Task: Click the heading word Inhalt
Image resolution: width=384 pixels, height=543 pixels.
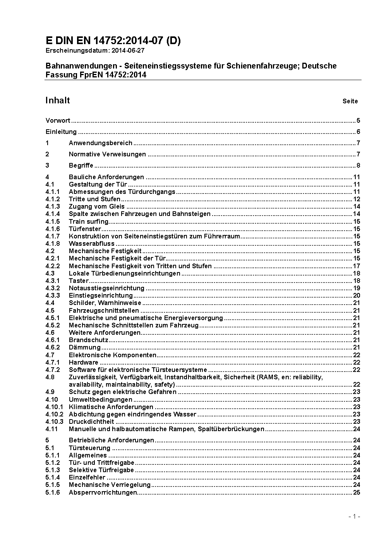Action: pyautogui.click(x=58, y=101)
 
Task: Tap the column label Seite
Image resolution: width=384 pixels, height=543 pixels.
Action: pyautogui.click(x=350, y=101)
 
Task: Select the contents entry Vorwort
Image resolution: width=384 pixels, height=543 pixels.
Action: pyautogui.click(x=58, y=120)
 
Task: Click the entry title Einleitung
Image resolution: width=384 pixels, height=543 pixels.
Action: pyautogui.click(x=61, y=132)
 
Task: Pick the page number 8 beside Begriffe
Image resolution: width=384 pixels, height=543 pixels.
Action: pyautogui.click(x=358, y=166)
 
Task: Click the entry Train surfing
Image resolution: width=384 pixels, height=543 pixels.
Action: pyautogui.click(x=89, y=221)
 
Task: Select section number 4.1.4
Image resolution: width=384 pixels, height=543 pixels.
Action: pyautogui.click(x=53, y=214)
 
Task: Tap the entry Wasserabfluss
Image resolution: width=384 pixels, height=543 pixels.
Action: pyautogui.click(x=92, y=243)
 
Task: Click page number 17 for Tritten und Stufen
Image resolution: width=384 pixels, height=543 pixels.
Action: pyautogui.click(x=357, y=266)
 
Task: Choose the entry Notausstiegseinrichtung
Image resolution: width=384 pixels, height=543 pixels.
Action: pyautogui.click(x=106, y=288)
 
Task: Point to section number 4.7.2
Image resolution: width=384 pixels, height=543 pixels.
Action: pyautogui.click(x=53, y=370)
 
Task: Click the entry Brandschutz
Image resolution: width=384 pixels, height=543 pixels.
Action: pyautogui.click(x=88, y=340)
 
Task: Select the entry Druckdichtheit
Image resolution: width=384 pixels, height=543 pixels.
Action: pyautogui.click(x=91, y=421)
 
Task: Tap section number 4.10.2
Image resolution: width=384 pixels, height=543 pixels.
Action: pyautogui.click(x=54, y=414)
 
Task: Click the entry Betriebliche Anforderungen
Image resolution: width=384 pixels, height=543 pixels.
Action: pyautogui.click(x=111, y=440)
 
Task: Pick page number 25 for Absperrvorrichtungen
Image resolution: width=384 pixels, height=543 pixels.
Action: pyautogui.click(x=357, y=492)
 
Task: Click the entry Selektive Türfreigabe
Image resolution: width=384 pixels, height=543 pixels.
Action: pyautogui.click(x=101, y=470)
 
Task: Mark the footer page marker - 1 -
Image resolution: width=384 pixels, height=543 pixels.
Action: pyautogui.click(x=354, y=516)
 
